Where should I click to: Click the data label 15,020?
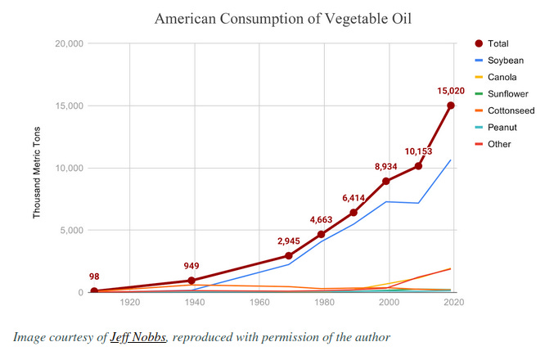[450, 92]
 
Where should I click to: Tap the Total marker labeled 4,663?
[321, 234]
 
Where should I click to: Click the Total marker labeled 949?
[191, 281]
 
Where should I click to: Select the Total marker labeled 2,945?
[288, 255]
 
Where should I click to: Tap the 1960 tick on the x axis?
[260, 303]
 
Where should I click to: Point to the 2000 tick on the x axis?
[390, 303]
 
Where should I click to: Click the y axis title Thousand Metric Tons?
[37, 167]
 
